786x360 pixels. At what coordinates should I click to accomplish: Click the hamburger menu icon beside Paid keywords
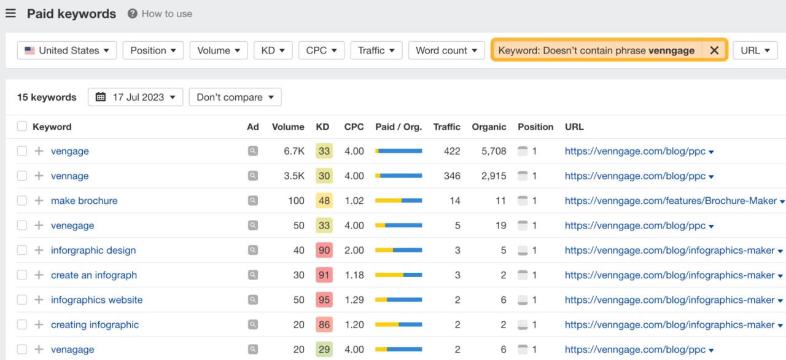(x=10, y=14)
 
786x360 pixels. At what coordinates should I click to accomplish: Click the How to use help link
(x=160, y=14)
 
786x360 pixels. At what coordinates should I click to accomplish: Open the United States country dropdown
(x=67, y=50)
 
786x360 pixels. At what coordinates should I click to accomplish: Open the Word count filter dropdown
(x=446, y=50)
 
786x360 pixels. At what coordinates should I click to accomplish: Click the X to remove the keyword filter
(x=714, y=50)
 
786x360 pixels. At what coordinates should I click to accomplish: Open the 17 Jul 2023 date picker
(x=135, y=97)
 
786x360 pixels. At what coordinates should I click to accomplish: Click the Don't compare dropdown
(x=235, y=97)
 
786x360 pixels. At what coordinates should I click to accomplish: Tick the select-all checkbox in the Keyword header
(x=22, y=127)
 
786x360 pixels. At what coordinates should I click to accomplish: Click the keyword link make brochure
(x=84, y=201)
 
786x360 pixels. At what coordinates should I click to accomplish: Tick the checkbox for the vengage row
(x=22, y=151)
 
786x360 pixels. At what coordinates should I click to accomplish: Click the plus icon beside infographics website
(x=39, y=300)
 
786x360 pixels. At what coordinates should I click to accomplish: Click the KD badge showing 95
(x=324, y=300)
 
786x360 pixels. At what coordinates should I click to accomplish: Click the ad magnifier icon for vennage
(x=253, y=176)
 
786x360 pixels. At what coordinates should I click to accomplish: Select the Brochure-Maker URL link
(x=671, y=201)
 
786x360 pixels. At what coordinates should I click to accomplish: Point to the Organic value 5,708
(x=494, y=151)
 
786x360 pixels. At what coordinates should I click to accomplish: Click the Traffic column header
(x=446, y=127)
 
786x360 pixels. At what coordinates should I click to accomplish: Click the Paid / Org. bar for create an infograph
(x=399, y=275)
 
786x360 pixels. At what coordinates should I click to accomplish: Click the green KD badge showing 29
(x=324, y=350)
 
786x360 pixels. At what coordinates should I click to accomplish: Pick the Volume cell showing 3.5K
(x=294, y=176)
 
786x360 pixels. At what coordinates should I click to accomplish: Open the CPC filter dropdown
(x=321, y=50)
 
